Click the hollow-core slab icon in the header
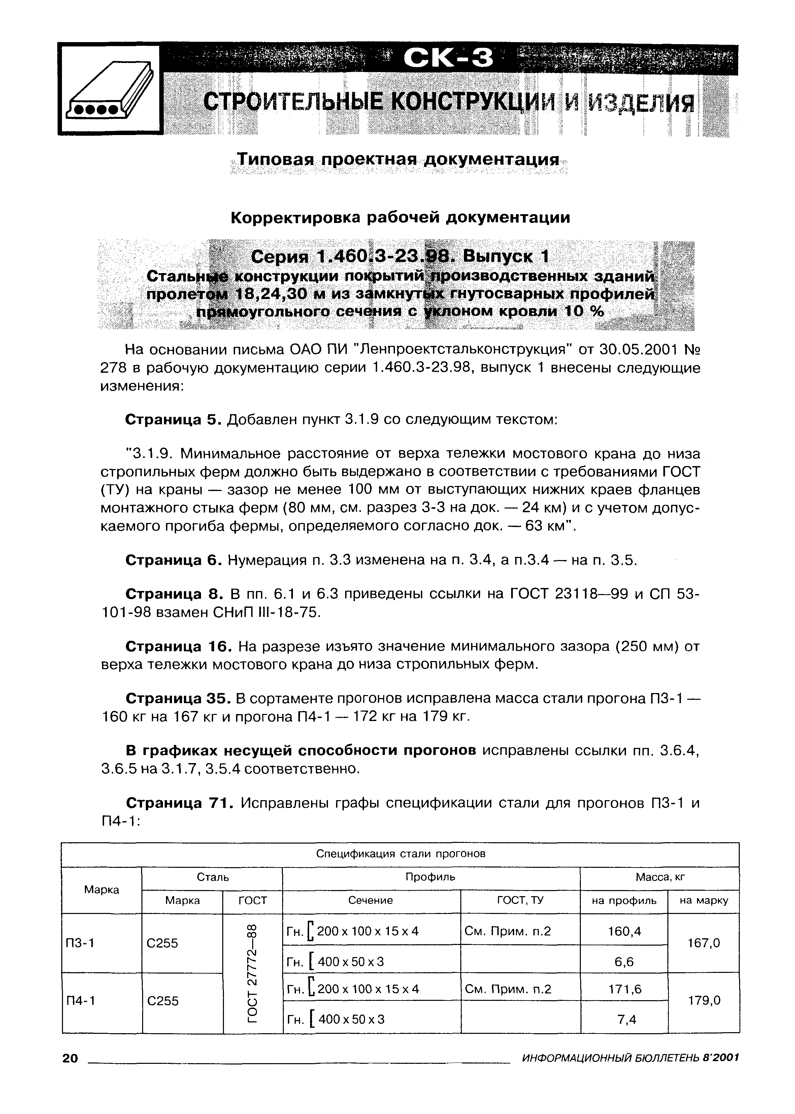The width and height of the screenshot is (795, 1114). pyautogui.click(x=109, y=90)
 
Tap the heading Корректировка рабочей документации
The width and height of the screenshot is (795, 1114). pyautogui.click(x=400, y=217)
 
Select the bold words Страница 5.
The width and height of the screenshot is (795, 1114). pyautogui.click(x=174, y=420)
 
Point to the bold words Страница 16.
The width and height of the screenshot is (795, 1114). pyautogui.click(x=179, y=647)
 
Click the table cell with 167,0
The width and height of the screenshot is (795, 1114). pyautogui.click(x=703, y=943)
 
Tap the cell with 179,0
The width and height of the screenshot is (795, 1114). pyautogui.click(x=703, y=1001)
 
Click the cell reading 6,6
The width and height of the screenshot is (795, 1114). pyautogui.click(x=624, y=962)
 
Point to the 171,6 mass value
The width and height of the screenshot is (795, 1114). pyautogui.click(x=624, y=989)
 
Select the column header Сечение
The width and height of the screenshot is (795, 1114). pyautogui.click(x=371, y=900)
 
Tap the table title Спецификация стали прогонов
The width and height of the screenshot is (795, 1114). pyautogui.click(x=400, y=854)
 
